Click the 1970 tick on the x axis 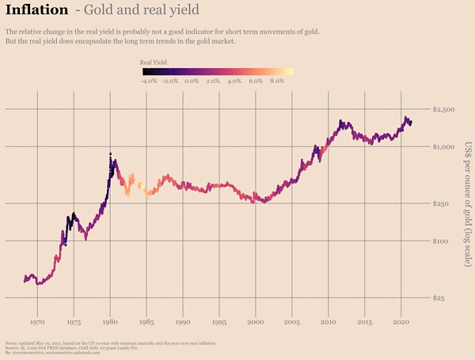(x=37, y=322)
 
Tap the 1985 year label (x=146, y=322)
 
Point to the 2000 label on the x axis (x=255, y=322)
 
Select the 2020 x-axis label (x=401, y=322)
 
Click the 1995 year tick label (x=219, y=322)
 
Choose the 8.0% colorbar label (x=277, y=81)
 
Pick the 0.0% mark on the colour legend (x=191, y=81)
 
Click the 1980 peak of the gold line (x=110, y=153)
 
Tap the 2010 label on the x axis (x=328, y=322)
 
